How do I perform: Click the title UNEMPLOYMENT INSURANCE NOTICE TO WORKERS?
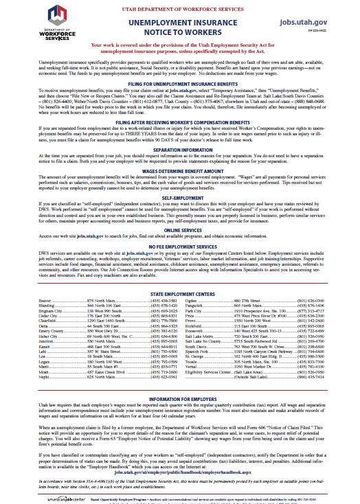180,28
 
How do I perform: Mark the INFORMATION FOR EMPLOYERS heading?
180,418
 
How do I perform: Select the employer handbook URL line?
180,473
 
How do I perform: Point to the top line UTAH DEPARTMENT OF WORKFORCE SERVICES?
180,5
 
